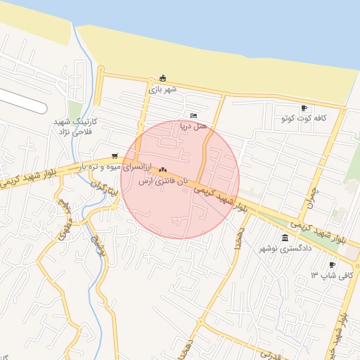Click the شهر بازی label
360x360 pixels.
[x=163, y=89]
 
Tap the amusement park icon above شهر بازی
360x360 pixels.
[x=163, y=78]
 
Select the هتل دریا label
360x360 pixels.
[x=194, y=127]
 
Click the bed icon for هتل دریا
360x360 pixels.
[x=194, y=116]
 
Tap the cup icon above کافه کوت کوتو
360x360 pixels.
[x=303, y=108]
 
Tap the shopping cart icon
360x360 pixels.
[x=115, y=157]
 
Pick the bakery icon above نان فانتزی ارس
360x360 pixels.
[x=163, y=169]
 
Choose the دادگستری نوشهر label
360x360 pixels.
[x=284, y=249]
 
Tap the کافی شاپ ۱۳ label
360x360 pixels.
[x=336, y=276]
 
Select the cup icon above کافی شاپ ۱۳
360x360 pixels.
[x=332, y=265]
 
